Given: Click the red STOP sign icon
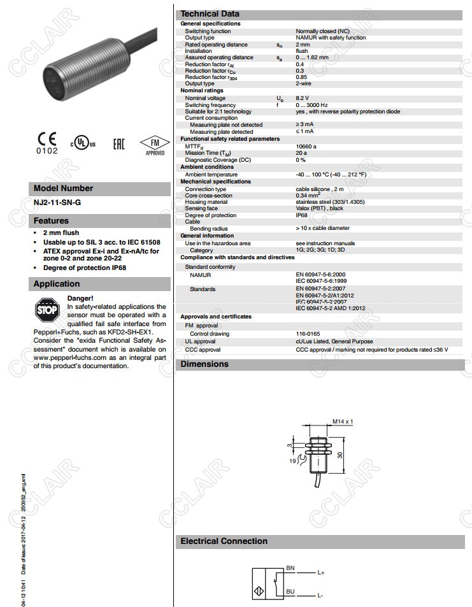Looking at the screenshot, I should [x=47, y=310].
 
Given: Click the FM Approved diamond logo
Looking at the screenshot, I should [x=155, y=145].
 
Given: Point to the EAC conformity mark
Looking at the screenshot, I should [x=118, y=143].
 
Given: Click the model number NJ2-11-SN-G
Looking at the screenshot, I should [x=57, y=203].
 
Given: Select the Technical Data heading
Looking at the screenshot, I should [x=210, y=13].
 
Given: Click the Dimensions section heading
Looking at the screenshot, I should [x=204, y=364].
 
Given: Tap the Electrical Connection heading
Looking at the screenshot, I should [x=224, y=541].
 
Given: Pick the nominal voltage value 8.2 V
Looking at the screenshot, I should [x=303, y=98].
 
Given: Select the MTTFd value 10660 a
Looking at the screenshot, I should [x=306, y=146].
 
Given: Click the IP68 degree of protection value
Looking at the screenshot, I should [x=302, y=215].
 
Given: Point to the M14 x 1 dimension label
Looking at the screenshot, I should [x=342, y=422].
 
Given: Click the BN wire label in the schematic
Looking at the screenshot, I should [x=290, y=567].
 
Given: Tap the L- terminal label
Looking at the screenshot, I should [x=320, y=595].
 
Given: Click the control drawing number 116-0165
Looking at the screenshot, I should [x=308, y=333].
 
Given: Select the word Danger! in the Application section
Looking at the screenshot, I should [x=80, y=298].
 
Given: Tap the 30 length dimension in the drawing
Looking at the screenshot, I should [x=340, y=455].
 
